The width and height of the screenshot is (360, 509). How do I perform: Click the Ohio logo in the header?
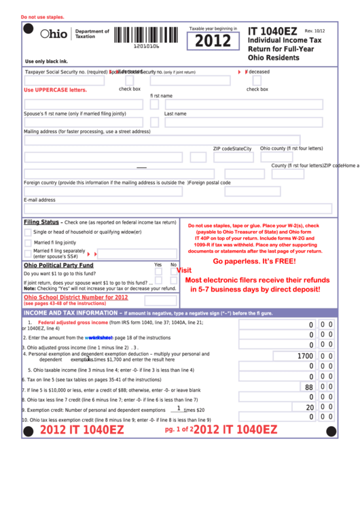pyautogui.click(x=54, y=33)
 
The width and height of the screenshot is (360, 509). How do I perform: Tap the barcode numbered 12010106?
pyautogui.click(x=147, y=36)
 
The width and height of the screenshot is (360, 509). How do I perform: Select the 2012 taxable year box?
pyautogui.click(x=213, y=41)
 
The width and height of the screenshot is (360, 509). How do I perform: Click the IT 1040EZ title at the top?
pyautogui.click(x=272, y=31)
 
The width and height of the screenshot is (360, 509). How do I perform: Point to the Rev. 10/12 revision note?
pyautogui.click(x=314, y=31)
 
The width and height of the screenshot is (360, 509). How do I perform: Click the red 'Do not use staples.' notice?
pyautogui.click(x=43, y=17)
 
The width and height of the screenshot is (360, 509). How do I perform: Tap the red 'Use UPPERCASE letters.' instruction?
pyautogui.click(x=56, y=90)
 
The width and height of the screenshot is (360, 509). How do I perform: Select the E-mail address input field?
pyautogui.click(x=178, y=209)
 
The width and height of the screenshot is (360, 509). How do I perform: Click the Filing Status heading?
pyautogui.click(x=41, y=222)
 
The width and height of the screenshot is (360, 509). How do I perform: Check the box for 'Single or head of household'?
pyautogui.click(x=28, y=232)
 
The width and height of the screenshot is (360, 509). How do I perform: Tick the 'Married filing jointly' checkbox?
pyautogui.click(x=28, y=243)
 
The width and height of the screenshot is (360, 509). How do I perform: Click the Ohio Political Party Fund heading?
pyautogui.click(x=58, y=265)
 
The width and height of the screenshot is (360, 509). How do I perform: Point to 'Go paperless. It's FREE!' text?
pyautogui.click(x=254, y=261)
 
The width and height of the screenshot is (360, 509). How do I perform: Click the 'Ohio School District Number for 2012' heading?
pyautogui.click(x=76, y=297)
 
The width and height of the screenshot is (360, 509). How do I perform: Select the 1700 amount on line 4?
pyautogui.click(x=305, y=356)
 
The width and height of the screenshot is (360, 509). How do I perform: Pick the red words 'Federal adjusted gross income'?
pyautogui.click(x=73, y=322)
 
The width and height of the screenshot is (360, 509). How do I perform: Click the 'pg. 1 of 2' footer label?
pyautogui.click(x=179, y=429)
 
